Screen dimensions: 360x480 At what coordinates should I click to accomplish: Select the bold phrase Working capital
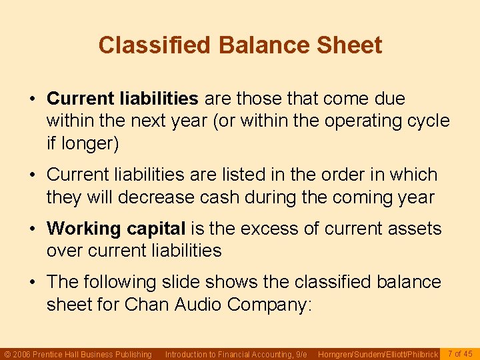pos(116,229)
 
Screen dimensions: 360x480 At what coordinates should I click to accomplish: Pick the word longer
pos(92,143)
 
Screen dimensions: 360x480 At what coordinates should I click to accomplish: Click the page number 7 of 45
pos(460,353)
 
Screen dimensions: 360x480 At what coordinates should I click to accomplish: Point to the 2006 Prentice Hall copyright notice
pos(78,354)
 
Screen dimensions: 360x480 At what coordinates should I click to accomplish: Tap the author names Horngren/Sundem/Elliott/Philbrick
pos(378,354)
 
